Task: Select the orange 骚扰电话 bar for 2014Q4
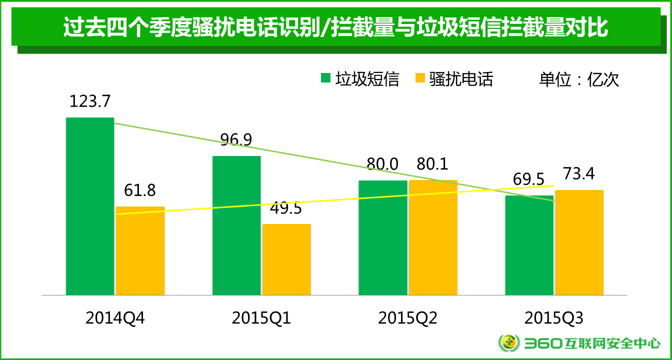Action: coord(140,250)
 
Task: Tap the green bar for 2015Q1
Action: coord(236,225)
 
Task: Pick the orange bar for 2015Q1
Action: coord(286,259)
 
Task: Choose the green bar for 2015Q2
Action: coord(383,237)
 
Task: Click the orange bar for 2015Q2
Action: coord(433,237)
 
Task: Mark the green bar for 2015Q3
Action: coord(529,245)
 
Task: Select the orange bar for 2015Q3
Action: coord(579,242)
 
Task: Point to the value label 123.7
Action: coord(89,101)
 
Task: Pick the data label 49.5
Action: coord(285,208)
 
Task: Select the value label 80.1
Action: coord(432,164)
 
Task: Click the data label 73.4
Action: coord(579,174)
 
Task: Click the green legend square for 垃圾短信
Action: coord(326,78)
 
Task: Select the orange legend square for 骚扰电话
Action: coord(420,78)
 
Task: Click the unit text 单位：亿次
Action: coord(579,79)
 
